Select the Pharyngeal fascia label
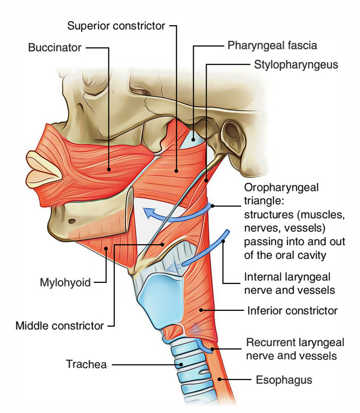click(x=272, y=45)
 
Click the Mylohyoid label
click(x=65, y=282)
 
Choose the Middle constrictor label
click(x=60, y=326)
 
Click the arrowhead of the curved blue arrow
click(x=147, y=212)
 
